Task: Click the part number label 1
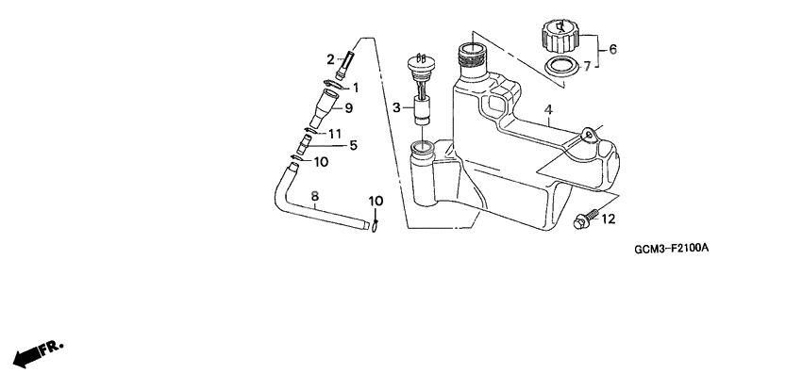pyautogui.click(x=356, y=88)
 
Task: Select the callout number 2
pyautogui.click(x=331, y=59)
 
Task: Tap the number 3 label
pyautogui.click(x=398, y=107)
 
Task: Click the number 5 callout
pyautogui.click(x=354, y=145)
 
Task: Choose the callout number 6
pyautogui.click(x=612, y=49)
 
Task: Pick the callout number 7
pyautogui.click(x=586, y=66)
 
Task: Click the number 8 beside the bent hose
pyautogui.click(x=314, y=196)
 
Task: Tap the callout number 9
pyautogui.click(x=347, y=107)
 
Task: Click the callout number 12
pyautogui.click(x=609, y=219)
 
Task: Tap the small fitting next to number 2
pyautogui.click(x=345, y=67)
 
